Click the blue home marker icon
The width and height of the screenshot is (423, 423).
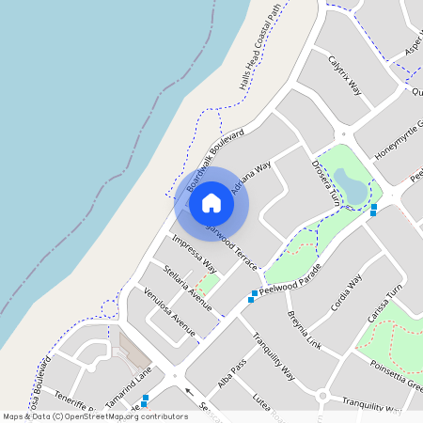pyautogui.click(x=211, y=203)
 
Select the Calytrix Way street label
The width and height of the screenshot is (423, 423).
pyautogui.click(x=345, y=75)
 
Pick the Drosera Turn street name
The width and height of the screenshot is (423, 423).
pyautogui.click(x=325, y=182)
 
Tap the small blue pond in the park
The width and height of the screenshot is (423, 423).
pyautogui.click(x=353, y=186)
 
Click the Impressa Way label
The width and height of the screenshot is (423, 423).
pyautogui.click(x=195, y=254)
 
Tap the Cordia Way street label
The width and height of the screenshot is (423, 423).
pyautogui.click(x=346, y=293)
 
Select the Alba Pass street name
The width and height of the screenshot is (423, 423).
pyautogui.click(x=231, y=372)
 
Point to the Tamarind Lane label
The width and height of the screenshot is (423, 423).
pyautogui.click(x=129, y=388)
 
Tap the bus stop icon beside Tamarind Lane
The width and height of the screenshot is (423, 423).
pyautogui.click(x=145, y=399)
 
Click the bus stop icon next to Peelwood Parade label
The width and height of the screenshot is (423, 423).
pyautogui.click(x=253, y=297)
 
